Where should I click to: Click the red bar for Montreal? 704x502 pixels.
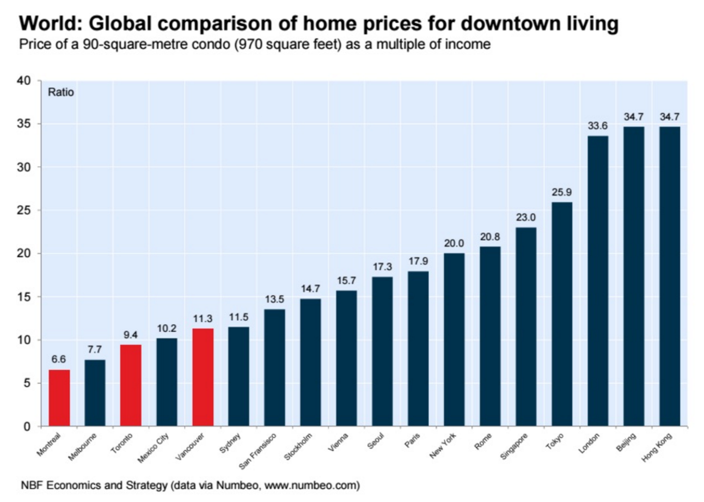59,397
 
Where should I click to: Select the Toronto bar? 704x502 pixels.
131,385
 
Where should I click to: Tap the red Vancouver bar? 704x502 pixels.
203,377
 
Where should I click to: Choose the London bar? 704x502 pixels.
598,280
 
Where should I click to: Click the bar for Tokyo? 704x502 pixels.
562,313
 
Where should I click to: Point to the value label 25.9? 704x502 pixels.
562,192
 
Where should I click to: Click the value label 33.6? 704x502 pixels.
598,125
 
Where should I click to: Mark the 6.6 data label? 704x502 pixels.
58,359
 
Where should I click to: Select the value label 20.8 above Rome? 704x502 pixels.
490,237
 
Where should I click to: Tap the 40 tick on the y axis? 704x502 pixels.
24,80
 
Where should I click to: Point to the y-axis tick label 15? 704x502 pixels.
24,297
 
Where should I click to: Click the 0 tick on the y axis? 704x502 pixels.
27,426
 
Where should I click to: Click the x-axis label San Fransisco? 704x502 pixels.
258,451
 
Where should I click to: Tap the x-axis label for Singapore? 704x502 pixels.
514,447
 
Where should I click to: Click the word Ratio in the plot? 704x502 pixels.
61,92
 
